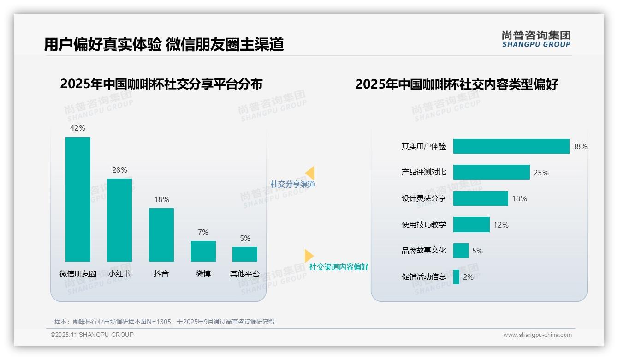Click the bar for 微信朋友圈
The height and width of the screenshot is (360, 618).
pos(78,199)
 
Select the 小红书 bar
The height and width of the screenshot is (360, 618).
pos(119,220)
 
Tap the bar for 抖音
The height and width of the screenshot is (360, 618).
pos(161,234)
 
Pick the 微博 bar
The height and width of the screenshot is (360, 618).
pos(203,251)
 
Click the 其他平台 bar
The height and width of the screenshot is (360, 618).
pos(245,254)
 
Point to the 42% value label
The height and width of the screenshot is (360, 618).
pos(77,128)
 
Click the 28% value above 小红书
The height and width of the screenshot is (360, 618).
pos(119,170)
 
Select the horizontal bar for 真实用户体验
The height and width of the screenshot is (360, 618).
pos(511,146)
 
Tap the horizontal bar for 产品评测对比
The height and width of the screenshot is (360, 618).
pos(491,172)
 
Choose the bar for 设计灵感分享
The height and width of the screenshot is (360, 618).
pos(481,198)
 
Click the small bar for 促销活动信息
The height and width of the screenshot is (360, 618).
pos(456,277)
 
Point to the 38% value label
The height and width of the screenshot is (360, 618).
pos(580,146)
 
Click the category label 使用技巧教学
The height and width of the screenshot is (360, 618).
pos(424,225)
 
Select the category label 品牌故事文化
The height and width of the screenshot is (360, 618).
pos(424,251)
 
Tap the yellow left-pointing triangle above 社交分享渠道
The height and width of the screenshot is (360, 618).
pos(310,173)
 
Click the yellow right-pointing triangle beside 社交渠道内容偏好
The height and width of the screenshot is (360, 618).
pos(308,256)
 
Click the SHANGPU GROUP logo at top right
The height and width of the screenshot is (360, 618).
pos(536,39)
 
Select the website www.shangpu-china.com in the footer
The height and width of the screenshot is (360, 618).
pos(537,335)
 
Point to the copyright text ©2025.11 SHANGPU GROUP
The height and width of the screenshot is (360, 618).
pos(92,335)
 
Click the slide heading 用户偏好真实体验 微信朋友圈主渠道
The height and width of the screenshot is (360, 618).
pos(164,44)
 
